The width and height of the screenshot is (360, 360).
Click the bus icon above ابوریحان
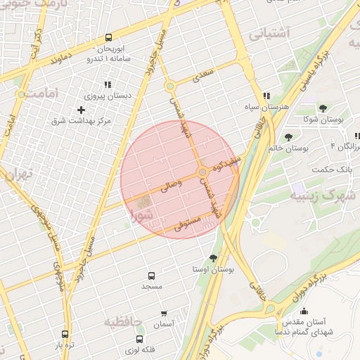point(108,37)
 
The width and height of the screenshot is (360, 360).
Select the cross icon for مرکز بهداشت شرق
point(81,110)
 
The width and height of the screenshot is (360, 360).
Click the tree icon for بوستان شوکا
point(322,108)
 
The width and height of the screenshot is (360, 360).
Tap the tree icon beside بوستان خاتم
point(288,137)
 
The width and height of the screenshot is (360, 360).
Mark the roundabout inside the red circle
point(202,172)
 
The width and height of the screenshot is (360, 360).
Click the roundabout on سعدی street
point(170,86)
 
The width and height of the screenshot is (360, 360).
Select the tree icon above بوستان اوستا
point(214,257)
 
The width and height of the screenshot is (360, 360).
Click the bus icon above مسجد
point(151,276)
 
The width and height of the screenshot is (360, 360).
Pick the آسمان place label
point(163,324)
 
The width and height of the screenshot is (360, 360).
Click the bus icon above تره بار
point(65,335)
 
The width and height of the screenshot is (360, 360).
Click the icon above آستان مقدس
point(304,311)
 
